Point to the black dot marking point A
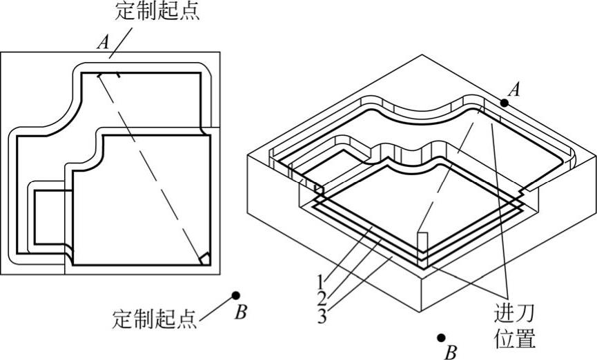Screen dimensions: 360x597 pyautogui.click(x=505, y=103)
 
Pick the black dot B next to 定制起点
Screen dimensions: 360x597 pyautogui.click(x=236, y=295)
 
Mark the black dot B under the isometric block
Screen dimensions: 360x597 pyautogui.click(x=441, y=338)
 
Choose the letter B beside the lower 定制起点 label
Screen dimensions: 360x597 pyautogui.click(x=240, y=312)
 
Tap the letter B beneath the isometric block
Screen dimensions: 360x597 pyautogui.click(x=451, y=353)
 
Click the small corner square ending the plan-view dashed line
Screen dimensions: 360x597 pyautogui.click(x=203, y=258)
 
